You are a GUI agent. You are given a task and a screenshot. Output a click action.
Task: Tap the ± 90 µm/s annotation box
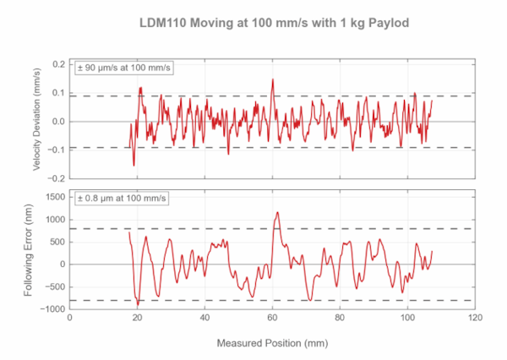124,68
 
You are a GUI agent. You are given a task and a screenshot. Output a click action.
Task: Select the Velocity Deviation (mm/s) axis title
39,122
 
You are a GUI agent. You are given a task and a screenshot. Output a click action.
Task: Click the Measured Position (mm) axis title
272,344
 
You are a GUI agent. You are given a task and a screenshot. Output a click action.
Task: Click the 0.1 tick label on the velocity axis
59,93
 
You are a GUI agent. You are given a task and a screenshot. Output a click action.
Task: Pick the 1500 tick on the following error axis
53,197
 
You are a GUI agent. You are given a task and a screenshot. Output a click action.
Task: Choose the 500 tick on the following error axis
56,242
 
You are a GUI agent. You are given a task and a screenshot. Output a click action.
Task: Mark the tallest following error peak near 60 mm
277,212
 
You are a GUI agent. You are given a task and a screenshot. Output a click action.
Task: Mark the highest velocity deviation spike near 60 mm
273,79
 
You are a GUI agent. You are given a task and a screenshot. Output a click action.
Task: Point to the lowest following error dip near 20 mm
138,307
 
